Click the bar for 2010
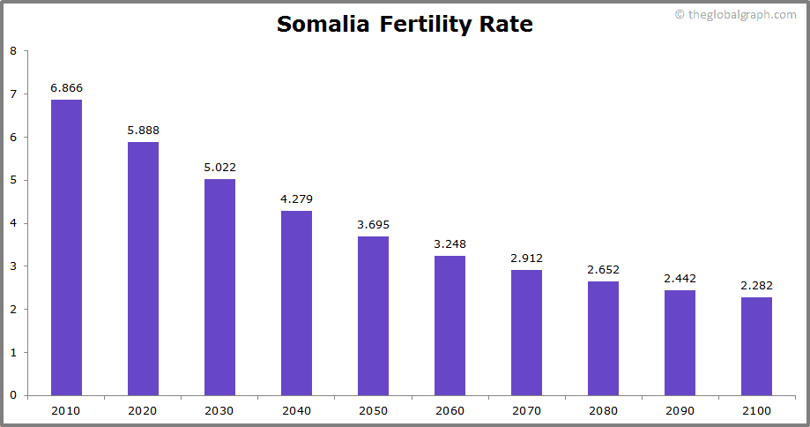click(x=66, y=247)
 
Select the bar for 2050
click(x=373, y=315)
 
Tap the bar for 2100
click(x=756, y=346)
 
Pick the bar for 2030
click(x=219, y=287)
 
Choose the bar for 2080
click(x=603, y=338)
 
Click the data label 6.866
click(x=66, y=88)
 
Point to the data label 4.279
click(x=296, y=199)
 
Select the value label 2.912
click(x=526, y=258)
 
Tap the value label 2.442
click(x=680, y=279)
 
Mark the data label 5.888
click(x=143, y=131)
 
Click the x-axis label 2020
click(x=143, y=411)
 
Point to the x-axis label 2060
click(x=450, y=411)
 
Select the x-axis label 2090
click(x=680, y=411)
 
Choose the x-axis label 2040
click(x=296, y=411)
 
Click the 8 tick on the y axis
click(x=13, y=51)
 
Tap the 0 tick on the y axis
click(x=13, y=395)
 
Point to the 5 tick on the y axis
click(x=13, y=180)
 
